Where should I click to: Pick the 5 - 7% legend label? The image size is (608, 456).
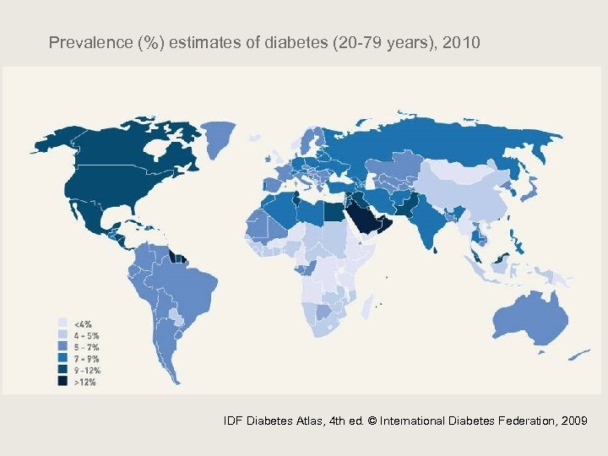87,345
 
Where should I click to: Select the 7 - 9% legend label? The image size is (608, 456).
87,357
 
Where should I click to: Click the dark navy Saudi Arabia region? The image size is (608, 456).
363,218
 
